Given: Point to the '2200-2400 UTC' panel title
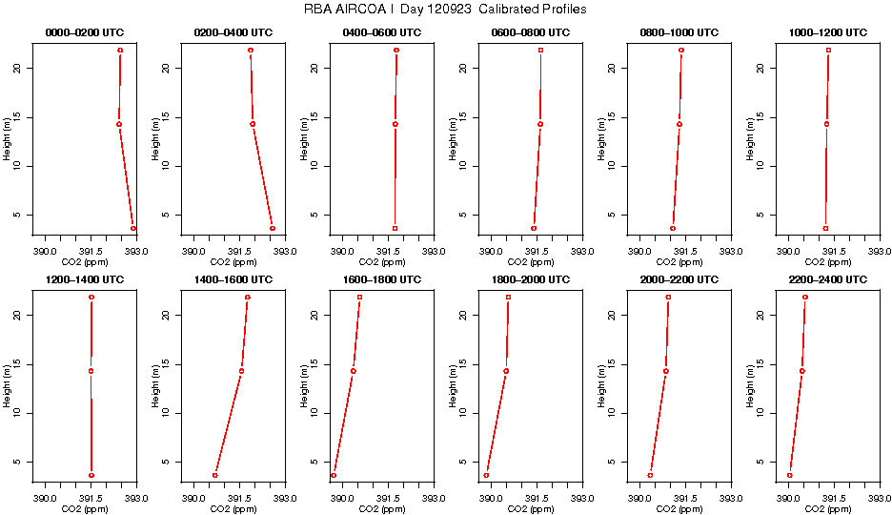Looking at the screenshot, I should click(x=828, y=280).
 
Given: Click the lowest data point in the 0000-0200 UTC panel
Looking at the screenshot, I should click(x=133, y=228).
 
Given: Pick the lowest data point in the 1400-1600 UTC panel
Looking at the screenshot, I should click(x=215, y=475).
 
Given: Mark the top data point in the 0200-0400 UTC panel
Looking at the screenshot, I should click(x=251, y=50).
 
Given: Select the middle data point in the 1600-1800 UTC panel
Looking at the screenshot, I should click(x=354, y=371).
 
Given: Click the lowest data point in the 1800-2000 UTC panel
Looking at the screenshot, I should click(x=486, y=475).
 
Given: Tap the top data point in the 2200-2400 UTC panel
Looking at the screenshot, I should click(x=805, y=297).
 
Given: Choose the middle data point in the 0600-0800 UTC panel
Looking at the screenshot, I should click(x=539, y=124).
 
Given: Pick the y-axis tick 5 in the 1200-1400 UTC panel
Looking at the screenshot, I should click(x=25, y=462).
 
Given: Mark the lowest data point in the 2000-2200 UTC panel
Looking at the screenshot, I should click(x=650, y=475).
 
